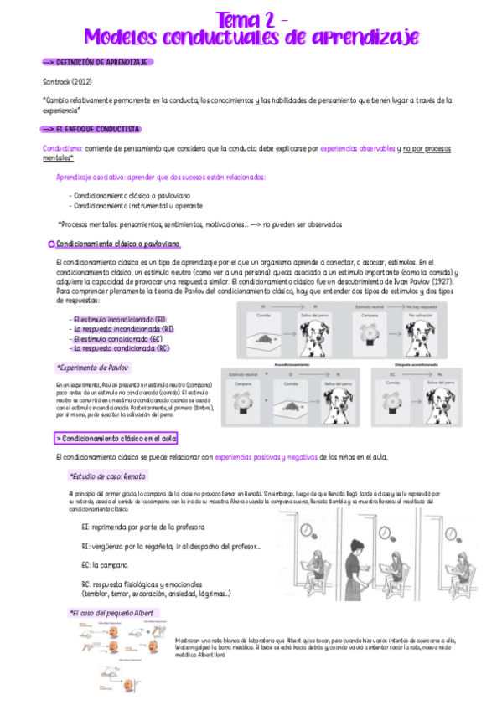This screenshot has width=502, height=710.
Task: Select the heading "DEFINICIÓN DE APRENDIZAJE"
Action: pyautogui.click(x=101, y=62)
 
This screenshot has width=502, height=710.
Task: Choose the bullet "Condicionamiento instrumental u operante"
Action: pyautogui.click(x=137, y=205)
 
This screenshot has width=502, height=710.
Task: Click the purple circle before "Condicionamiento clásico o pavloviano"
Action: pyautogui.click(x=51, y=243)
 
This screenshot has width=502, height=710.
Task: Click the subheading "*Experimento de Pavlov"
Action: pyautogui.click(x=92, y=368)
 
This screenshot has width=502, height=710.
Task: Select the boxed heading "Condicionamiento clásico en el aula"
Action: pyautogui.click(x=116, y=438)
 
